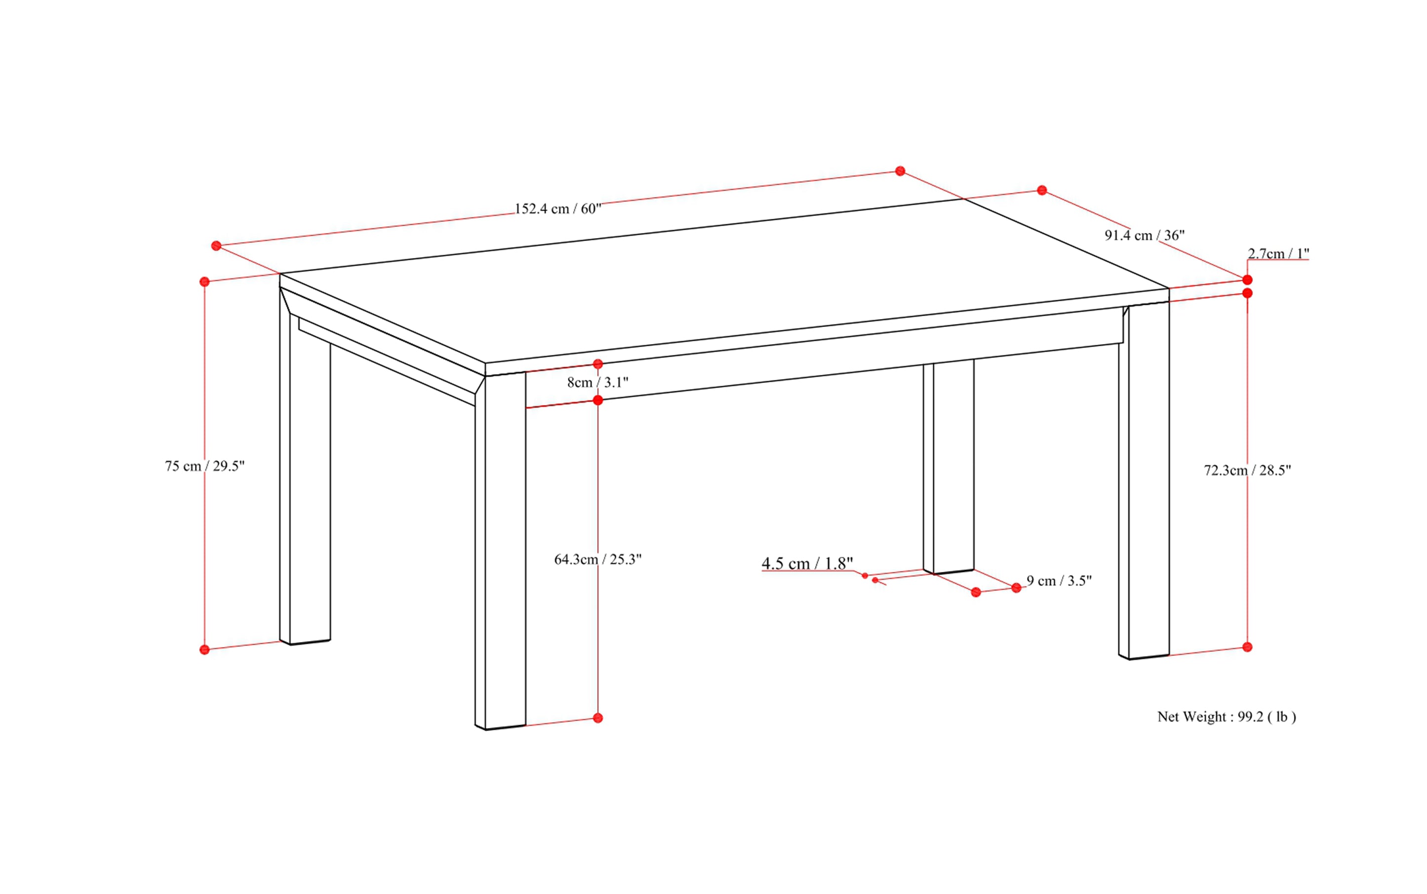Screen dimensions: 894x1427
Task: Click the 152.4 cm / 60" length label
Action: coord(557,209)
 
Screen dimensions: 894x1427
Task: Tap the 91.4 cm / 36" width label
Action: coord(1145,235)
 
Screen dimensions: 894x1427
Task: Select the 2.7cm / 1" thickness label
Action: coord(1278,254)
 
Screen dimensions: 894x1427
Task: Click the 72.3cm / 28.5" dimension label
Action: coord(1247,470)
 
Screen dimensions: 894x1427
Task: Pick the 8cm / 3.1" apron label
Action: coord(597,383)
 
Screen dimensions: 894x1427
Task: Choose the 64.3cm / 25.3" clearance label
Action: coord(597,559)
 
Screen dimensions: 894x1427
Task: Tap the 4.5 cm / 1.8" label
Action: coord(807,564)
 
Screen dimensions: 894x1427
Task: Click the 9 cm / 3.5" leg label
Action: coord(1059,581)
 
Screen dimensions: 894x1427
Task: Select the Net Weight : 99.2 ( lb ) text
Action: coord(1227,717)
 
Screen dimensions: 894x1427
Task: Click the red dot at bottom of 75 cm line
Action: coord(204,650)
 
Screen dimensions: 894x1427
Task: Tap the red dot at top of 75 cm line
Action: coord(204,282)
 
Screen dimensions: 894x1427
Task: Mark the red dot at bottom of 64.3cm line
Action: coord(597,718)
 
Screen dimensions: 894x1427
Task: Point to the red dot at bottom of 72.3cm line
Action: coord(1247,648)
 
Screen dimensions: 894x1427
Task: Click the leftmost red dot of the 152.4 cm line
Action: coord(216,245)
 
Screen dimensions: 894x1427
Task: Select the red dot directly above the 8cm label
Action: coord(597,364)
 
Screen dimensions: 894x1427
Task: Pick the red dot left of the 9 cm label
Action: coord(976,592)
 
